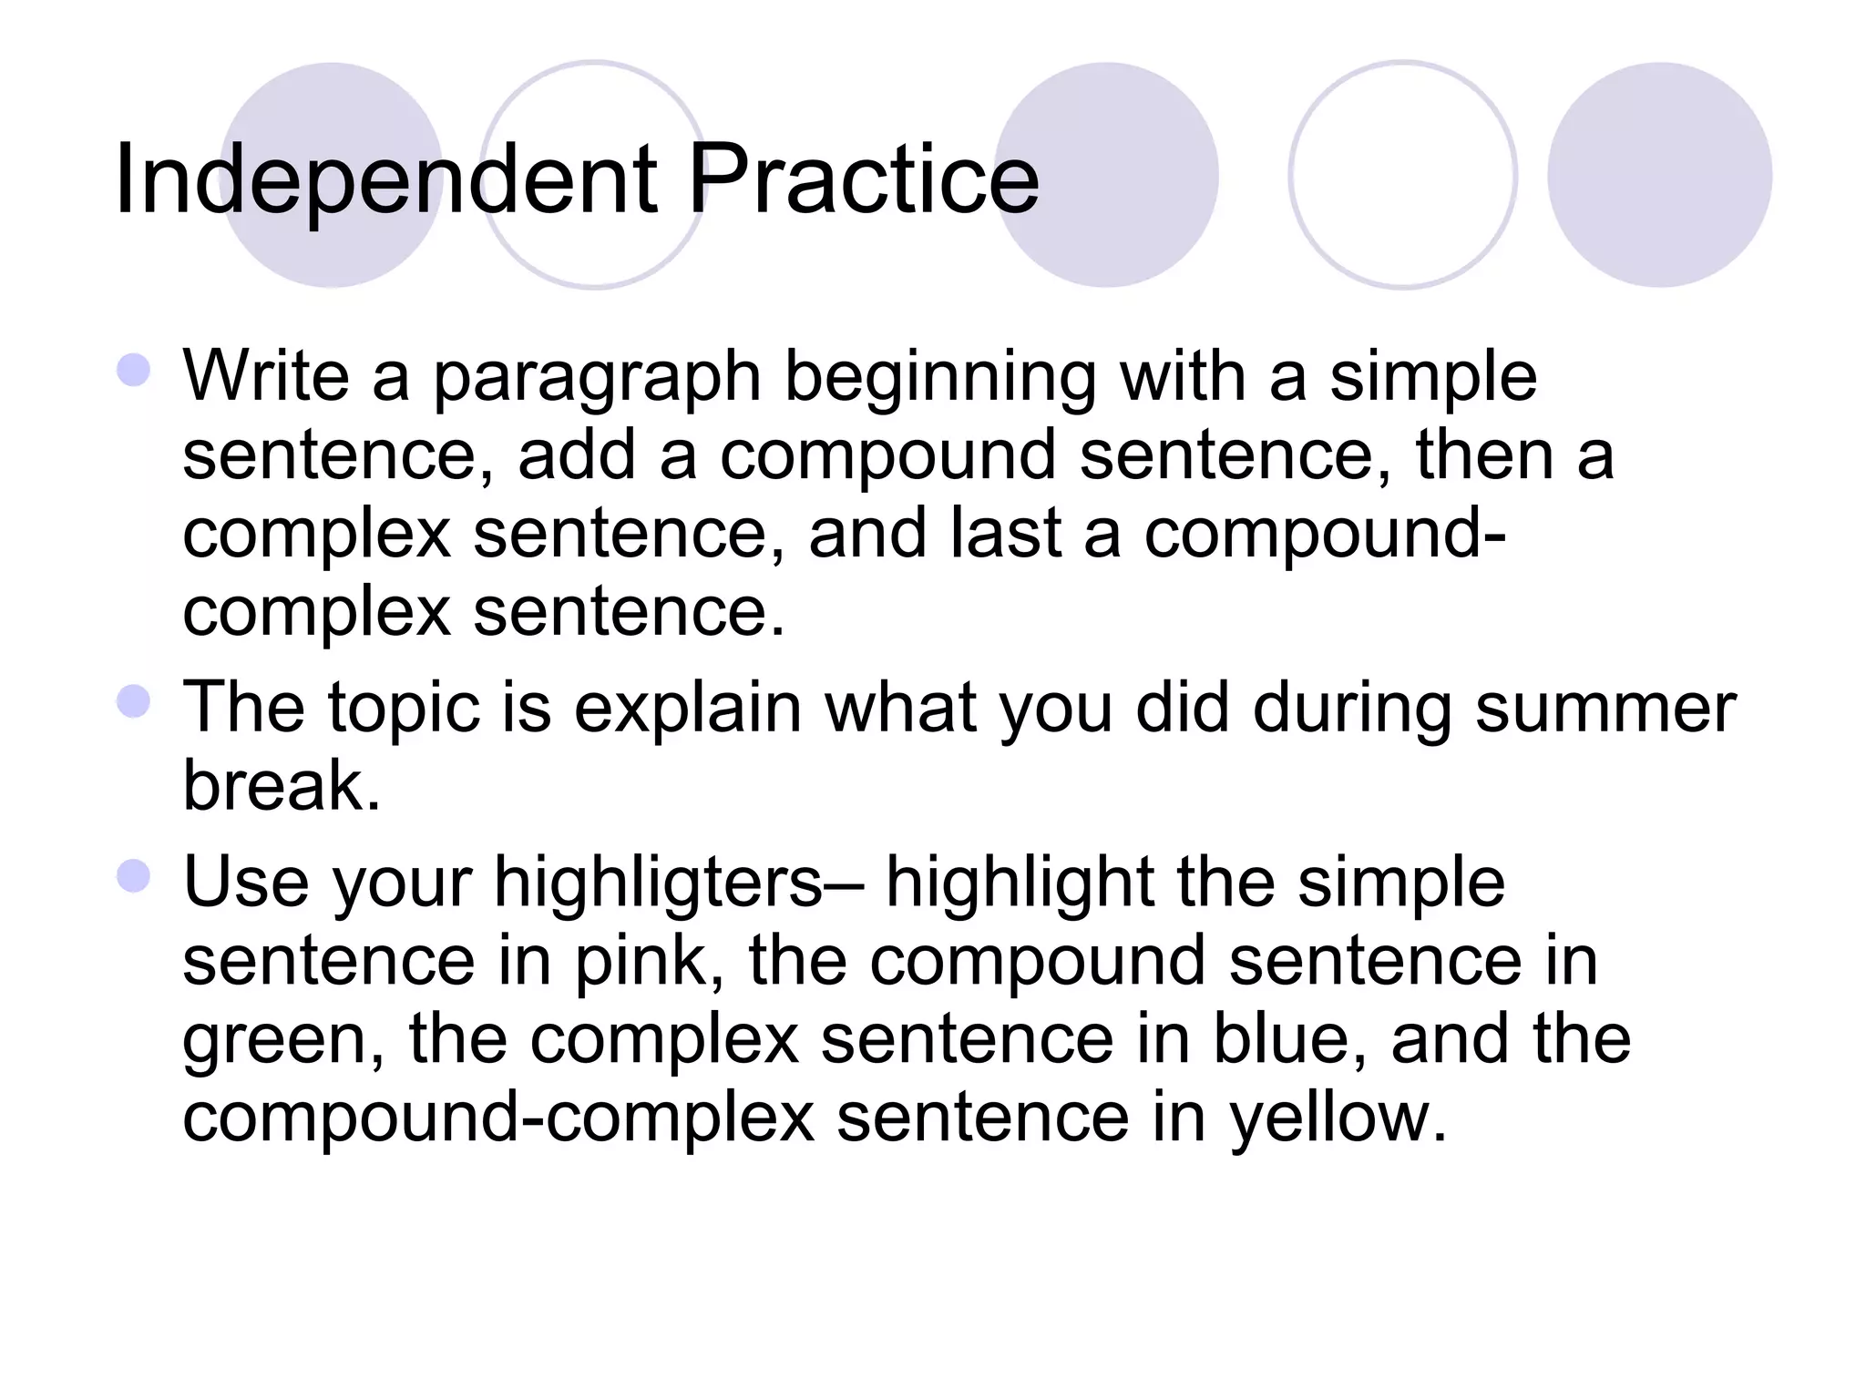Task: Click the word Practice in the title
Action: pos(862,179)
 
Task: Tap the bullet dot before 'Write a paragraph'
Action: pos(134,371)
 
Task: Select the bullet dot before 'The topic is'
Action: pos(134,701)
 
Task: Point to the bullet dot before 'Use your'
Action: pos(134,876)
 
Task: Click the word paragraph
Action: pos(597,378)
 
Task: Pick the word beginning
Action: pos(940,378)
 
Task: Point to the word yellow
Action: pos(1337,1119)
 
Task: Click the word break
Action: pos(281,785)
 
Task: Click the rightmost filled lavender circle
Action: pos(1659,175)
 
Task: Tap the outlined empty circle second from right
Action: pos(1402,175)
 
